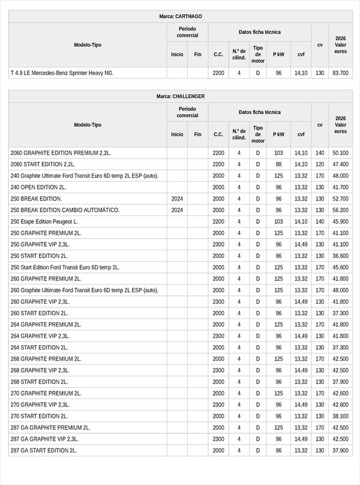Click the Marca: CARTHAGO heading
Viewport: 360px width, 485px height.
180,16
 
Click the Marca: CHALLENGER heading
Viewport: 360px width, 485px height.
180,96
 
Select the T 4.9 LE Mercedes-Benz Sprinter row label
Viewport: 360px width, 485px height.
62,73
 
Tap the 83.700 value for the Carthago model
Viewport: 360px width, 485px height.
340,73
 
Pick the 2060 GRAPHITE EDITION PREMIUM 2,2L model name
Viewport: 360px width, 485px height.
61,153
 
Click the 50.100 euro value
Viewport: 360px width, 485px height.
340,153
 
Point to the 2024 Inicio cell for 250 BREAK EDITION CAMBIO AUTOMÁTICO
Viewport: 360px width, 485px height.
177,210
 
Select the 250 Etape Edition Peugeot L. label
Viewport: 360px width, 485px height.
44,221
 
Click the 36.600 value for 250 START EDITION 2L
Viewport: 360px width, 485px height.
340,256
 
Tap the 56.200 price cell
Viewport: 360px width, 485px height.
340,210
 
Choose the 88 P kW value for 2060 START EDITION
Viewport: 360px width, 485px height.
278,164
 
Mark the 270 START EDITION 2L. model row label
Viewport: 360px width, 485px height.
40,416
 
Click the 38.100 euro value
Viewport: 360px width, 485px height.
340,416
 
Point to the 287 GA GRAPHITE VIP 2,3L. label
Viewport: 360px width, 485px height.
46,439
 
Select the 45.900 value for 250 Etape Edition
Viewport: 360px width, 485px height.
340,221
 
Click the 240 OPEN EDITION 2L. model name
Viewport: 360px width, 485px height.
38,187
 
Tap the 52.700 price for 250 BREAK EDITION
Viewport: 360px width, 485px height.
340,199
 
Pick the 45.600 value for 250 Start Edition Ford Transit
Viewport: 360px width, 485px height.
340,267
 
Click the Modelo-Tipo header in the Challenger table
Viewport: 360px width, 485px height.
88,125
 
